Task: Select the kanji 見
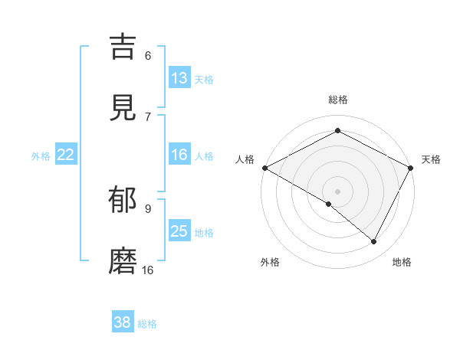pyautogui.click(x=124, y=109)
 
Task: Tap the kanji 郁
pyautogui.click(x=124, y=200)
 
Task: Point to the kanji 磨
pyautogui.click(x=124, y=262)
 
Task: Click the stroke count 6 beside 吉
pyautogui.click(x=148, y=55)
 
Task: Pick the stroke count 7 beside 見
pyautogui.click(x=148, y=116)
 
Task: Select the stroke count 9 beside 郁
pyautogui.click(x=148, y=208)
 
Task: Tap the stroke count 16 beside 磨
pyautogui.click(x=148, y=270)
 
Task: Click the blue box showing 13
pyautogui.click(x=179, y=78)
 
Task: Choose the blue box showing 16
pyautogui.click(x=179, y=155)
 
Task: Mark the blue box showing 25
pyautogui.click(x=179, y=231)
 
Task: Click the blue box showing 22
pyautogui.click(x=66, y=155)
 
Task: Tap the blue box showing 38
pyautogui.click(x=123, y=322)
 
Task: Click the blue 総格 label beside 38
pyautogui.click(x=147, y=324)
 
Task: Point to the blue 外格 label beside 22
pyautogui.click(x=41, y=155)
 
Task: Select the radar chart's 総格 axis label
pyautogui.click(x=338, y=100)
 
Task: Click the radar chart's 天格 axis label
pyautogui.click(x=431, y=159)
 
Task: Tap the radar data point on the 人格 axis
pyautogui.click(x=264, y=167)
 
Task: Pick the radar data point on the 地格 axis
pyautogui.click(x=374, y=242)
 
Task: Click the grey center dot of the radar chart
pyautogui.click(x=337, y=191)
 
